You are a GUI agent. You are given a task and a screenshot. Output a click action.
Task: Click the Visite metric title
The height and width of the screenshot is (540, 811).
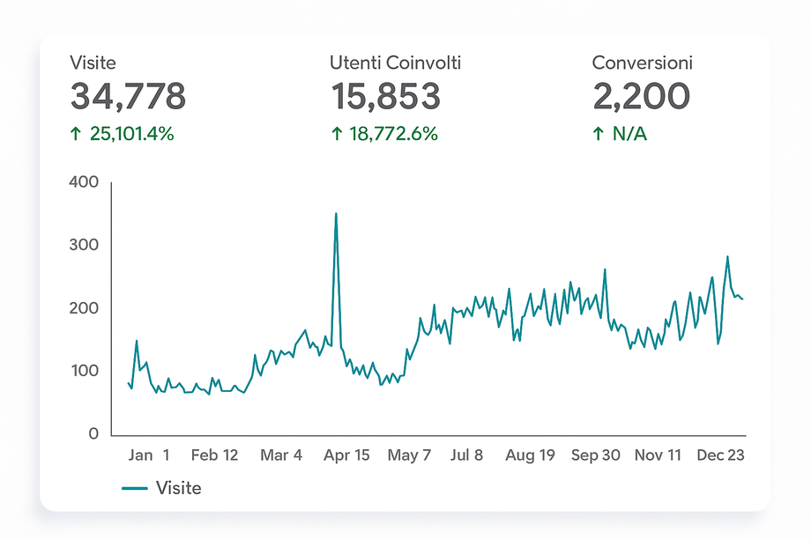[x=93, y=63]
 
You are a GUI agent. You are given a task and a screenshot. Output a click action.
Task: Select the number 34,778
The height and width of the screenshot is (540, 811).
[x=128, y=97]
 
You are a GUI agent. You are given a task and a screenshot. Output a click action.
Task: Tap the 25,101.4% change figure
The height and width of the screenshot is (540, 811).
[x=123, y=134]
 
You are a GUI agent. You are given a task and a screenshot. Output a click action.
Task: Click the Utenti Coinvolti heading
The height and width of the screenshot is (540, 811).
[x=395, y=63]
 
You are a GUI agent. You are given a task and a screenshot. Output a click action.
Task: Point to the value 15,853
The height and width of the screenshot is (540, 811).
[x=385, y=97]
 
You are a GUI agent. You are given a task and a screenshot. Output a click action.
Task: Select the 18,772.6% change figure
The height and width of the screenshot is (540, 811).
[x=384, y=134]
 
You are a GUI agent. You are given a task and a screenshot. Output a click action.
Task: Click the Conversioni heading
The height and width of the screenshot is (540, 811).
[x=642, y=63]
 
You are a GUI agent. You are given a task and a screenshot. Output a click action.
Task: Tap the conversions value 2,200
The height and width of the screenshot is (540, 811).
[x=640, y=97]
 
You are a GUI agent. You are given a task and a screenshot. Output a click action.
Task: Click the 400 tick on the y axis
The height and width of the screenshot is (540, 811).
[x=85, y=182]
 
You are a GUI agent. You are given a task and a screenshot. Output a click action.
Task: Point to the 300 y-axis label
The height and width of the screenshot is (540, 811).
[x=85, y=245]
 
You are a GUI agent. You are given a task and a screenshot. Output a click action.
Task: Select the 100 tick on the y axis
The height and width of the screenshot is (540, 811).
[x=85, y=371]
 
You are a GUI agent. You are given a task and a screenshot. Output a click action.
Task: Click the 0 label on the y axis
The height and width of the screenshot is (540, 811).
[x=93, y=434]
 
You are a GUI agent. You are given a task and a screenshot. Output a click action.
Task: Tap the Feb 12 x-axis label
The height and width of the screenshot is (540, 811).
[x=214, y=455]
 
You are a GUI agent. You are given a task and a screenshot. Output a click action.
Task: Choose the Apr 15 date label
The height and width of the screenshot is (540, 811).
[x=346, y=455]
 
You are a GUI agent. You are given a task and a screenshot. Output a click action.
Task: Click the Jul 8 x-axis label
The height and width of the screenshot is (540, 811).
[x=466, y=455]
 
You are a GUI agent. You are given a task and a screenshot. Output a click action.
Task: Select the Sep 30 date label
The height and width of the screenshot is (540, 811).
[x=595, y=455]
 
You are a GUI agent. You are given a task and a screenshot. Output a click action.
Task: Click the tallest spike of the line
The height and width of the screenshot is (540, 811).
[x=336, y=213]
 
